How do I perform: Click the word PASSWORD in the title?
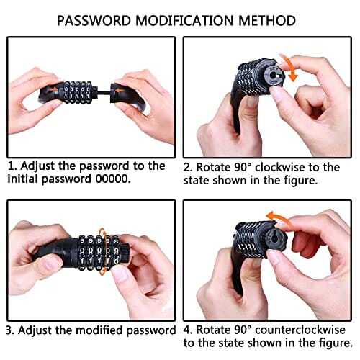94,21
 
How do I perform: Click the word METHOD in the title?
267,21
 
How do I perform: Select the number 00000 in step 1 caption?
113,179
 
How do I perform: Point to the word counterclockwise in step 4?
300,330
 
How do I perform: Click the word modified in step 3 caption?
99,330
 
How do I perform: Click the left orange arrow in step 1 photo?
53,90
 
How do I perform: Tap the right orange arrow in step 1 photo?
120,91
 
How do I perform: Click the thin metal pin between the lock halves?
104,92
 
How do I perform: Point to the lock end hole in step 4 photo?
276,238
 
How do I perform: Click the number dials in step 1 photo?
77,92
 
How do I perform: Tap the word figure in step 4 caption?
336,343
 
